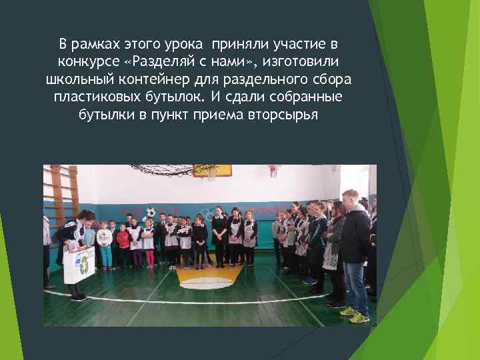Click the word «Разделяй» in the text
point(162,63)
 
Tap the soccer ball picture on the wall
point(151,212)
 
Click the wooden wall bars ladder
point(64,193)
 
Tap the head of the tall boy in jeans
point(349,198)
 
